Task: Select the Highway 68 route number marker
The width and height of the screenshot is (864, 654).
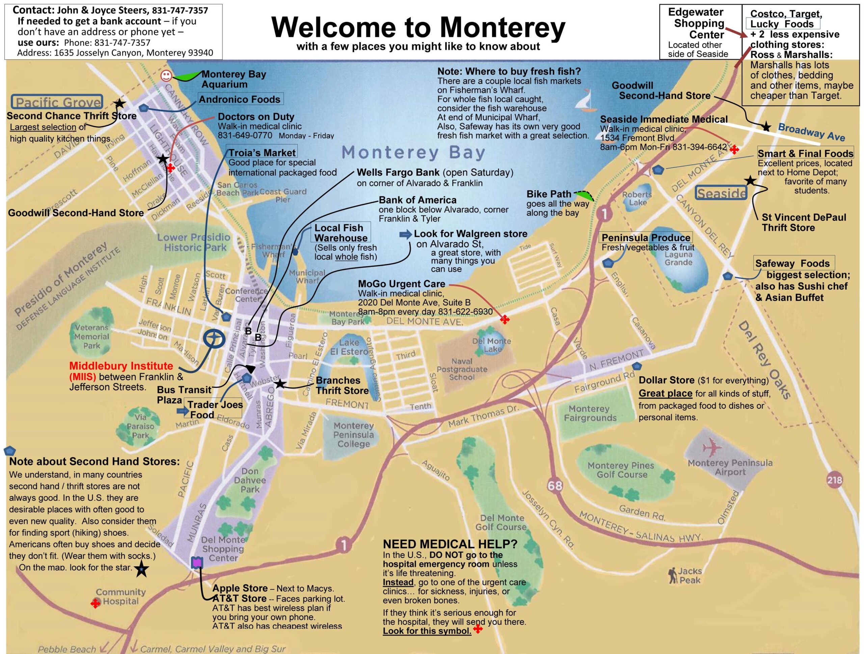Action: [555, 486]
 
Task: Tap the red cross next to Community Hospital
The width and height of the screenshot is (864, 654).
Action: [95, 604]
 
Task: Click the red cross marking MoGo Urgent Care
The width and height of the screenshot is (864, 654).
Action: [505, 319]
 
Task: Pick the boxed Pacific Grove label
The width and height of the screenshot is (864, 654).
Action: [58, 102]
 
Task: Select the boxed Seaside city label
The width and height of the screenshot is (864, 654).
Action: [721, 193]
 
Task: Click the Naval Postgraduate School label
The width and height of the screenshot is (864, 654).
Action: [462, 369]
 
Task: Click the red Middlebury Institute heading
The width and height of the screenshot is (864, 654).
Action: [121, 366]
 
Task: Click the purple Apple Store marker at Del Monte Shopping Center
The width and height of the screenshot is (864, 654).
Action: [197, 562]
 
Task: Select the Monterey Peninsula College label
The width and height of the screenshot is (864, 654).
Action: [353, 434]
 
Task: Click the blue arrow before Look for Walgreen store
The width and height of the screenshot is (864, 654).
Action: [405, 234]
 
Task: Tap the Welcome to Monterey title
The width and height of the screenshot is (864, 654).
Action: [418, 27]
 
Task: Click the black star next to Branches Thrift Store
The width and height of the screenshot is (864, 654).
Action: [280, 384]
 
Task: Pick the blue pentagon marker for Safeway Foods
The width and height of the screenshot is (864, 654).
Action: [727, 276]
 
